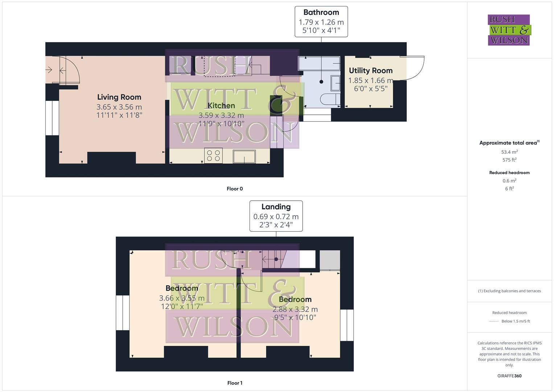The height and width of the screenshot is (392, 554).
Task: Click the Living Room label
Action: pyautogui.click(x=119, y=97)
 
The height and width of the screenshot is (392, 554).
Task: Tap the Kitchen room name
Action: pyautogui.click(x=221, y=106)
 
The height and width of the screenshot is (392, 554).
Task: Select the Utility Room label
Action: pyautogui.click(x=370, y=71)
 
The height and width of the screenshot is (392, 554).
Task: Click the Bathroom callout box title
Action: pyautogui.click(x=321, y=13)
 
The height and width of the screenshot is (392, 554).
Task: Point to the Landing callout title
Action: pyautogui.click(x=276, y=207)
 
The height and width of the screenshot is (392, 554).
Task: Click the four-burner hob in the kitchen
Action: pyautogui.click(x=213, y=156)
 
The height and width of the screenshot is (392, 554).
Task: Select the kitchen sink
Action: pyautogui.click(x=244, y=156)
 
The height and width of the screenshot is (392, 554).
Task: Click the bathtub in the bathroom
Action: pyautogui.click(x=319, y=64)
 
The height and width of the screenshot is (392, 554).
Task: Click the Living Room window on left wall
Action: pyautogui.click(x=52, y=118)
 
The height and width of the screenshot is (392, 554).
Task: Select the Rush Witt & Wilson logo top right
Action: pyautogui.click(x=509, y=30)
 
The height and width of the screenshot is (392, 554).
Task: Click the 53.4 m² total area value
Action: pyautogui.click(x=509, y=152)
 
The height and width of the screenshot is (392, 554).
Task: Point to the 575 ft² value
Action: pyautogui.click(x=509, y=160)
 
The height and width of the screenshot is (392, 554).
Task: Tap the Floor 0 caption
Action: pyautogui.click(x=235, y=189)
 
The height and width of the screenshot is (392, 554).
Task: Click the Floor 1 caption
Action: pyautogui.click(x=235, y=383)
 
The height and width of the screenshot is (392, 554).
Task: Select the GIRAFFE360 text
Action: pyautogui.click(x=509, y=376)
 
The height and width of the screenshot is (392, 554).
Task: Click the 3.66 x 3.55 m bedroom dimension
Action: pyautogui.click(x=182, y=298)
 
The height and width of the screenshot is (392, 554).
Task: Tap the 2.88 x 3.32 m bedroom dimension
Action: pyautogui.click(x=295, y=310)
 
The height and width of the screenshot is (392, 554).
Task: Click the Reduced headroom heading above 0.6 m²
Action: pyautogui.click(x=509, y=173)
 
